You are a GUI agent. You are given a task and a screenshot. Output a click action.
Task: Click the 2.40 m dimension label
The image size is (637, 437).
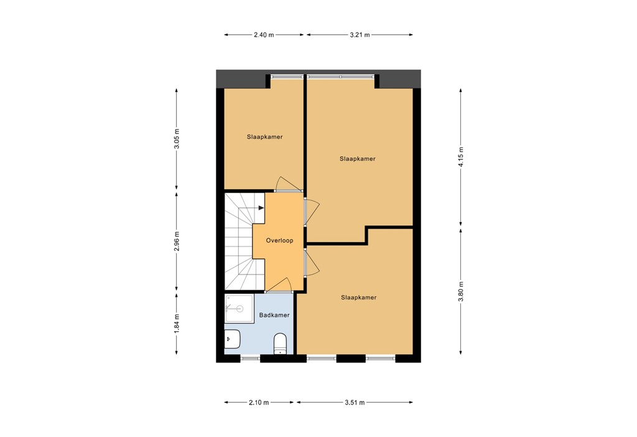(264, 35)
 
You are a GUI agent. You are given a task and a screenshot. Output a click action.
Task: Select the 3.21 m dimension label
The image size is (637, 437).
(359, 35)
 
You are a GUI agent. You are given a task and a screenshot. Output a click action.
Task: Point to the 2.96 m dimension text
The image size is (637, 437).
(177, 241)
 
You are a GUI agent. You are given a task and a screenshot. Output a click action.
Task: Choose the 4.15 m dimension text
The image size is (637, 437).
(461, 157)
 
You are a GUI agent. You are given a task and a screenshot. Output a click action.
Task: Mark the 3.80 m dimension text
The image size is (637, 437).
(461, 291)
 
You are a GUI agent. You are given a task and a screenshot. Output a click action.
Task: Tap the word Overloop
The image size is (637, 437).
(279, 240)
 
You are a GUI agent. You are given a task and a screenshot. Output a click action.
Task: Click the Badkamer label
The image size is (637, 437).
(274, 315)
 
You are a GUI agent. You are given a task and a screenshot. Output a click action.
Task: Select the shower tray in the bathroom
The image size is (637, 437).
(239, 308)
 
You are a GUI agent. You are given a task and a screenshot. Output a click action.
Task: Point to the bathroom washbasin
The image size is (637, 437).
(231, 339)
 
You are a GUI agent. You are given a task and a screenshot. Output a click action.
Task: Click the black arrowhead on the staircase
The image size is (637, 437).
(261, 209)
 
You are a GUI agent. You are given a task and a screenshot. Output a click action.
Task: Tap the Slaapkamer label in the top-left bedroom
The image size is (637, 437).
(265, 137)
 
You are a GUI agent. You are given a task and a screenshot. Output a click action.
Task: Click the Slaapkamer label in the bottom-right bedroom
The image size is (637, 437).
(358, 298)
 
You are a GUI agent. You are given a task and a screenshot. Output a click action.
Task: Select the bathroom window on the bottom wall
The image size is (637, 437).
(250, 358)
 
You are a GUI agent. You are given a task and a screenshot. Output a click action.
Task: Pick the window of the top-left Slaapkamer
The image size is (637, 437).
(287, 77)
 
